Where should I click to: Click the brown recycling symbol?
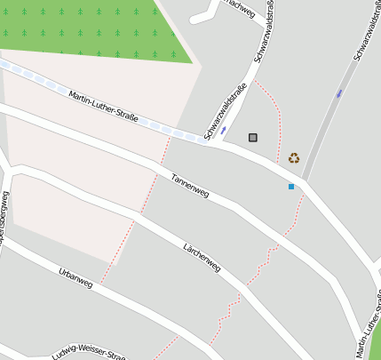[x=293, y=158]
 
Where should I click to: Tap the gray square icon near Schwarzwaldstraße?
[x=253, y=138]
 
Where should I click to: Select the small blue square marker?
[x=290, y=187]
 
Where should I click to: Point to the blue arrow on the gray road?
[x=339, y=93]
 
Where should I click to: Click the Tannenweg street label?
[x=190, y=185]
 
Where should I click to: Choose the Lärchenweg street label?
[x=201, y=257]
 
